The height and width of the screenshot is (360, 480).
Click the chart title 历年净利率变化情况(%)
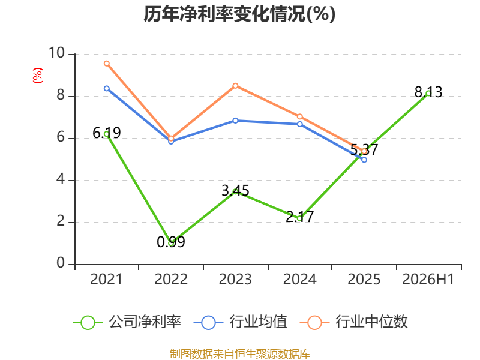[x=239, y=14]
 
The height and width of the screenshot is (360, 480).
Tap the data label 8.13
[x=428, y=92]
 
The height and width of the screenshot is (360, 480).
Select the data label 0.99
[x=171, y=242]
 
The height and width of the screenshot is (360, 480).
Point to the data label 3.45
[x=235, y=191]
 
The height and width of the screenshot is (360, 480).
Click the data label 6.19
[x=107, y=133]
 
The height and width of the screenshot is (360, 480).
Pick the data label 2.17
[x=299, y=217]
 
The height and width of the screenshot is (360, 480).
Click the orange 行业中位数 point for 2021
[x=107, y=64]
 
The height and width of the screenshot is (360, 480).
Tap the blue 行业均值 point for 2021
[x=107, y=88]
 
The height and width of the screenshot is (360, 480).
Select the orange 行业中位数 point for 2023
[x=235, y=86]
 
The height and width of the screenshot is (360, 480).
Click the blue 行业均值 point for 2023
[x=235, y=121]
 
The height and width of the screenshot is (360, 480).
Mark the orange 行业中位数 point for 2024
[x=299, y=116]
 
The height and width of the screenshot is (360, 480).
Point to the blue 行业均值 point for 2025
[x=364, y=160]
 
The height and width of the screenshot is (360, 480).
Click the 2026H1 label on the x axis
[x=428, y=280]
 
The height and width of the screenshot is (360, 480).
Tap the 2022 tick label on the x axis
[x=171, y=280]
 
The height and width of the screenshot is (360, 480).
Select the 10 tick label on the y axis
[x=56, y=53]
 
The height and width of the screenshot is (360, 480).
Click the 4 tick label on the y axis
[x=61, y=179]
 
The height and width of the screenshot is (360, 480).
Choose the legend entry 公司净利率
[x=127, y=322]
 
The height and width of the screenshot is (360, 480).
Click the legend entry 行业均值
[x=241, y=322]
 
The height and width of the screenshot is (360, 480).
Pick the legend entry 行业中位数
[x=353, y=322]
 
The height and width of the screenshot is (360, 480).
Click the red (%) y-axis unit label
[x=38, y=76]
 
